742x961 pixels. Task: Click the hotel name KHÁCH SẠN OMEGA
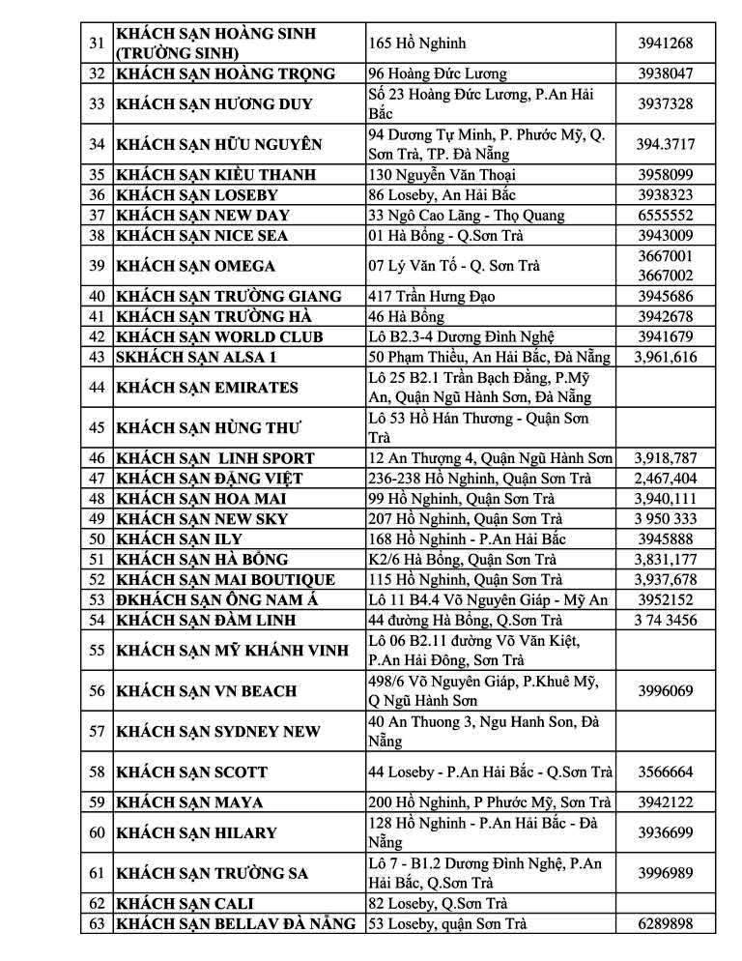tap(196, 266)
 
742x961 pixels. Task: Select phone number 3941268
tap(665, 43)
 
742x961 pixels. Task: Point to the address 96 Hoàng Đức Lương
tap(437, 73)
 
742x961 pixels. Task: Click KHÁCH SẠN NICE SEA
tap(202, 235)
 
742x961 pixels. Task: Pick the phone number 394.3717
tap(665, 144)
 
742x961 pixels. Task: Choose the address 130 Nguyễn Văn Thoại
tap(442, 175)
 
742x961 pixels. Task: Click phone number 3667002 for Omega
tap(665, 276)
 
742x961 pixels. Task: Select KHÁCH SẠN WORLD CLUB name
tap(219, 336)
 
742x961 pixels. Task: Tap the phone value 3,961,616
tap(665, 357)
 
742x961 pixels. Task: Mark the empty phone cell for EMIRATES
tap(665, 388)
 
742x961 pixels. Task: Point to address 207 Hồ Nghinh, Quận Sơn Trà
tap(465, 518)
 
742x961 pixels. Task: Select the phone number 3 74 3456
tap(665, 620)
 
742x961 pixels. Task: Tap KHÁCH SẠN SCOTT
tap(191, 772)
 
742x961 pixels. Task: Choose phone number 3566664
tap(665, 772)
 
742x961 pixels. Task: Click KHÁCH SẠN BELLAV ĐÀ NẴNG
tap(236, 924)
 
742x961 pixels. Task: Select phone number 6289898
tap(665, 924)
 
